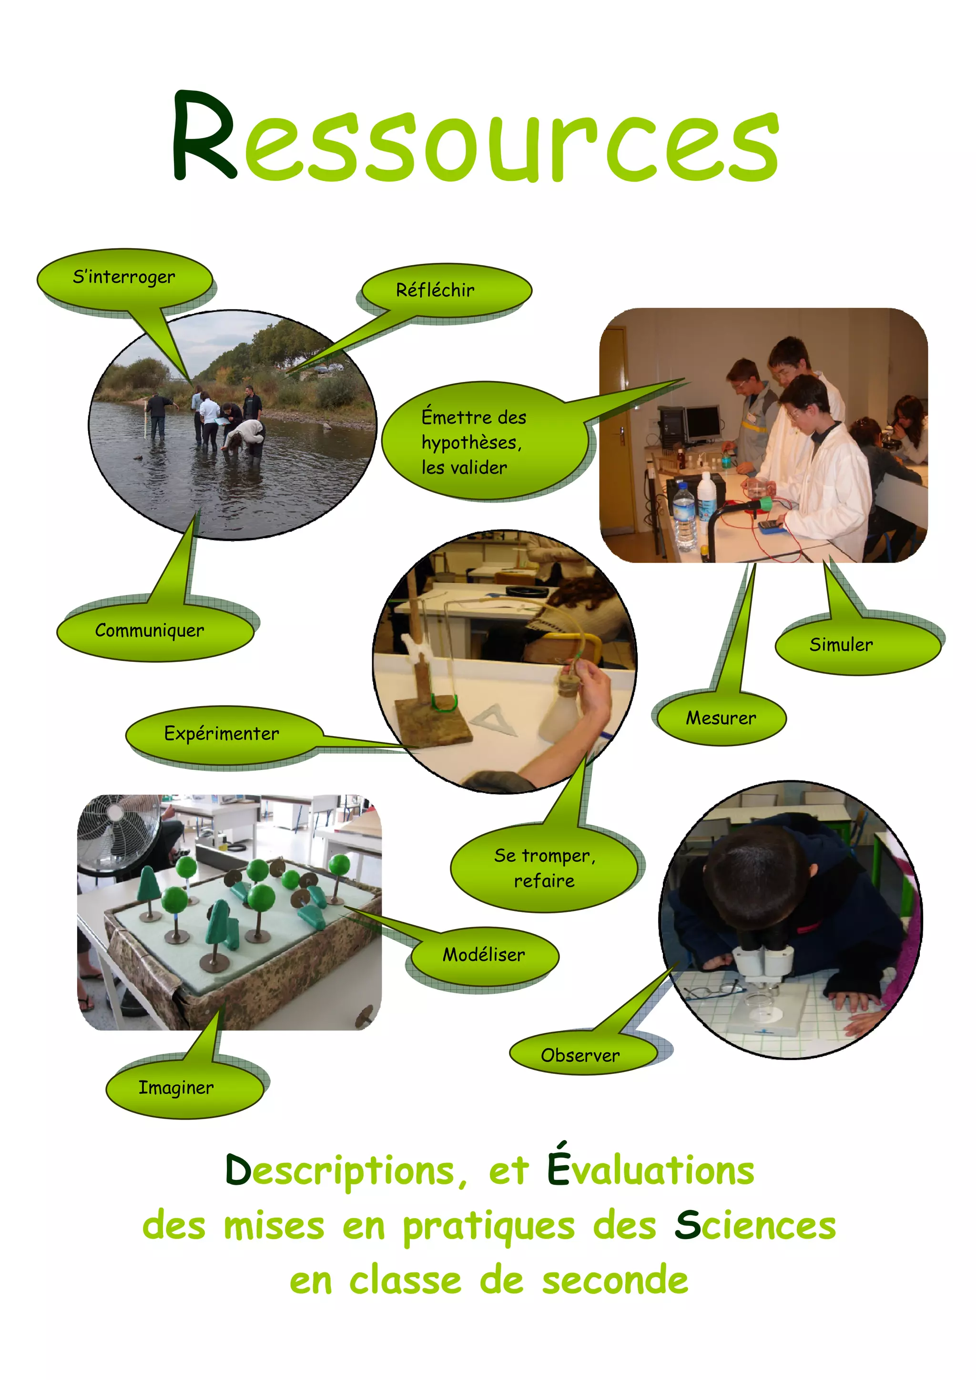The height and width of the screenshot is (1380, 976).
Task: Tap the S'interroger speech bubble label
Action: pos(124,277)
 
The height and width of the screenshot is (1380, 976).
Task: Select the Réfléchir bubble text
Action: pos(435,290)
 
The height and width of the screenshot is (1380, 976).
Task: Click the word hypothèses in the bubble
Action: pos(471,443)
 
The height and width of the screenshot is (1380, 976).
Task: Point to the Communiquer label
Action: pos(150,630)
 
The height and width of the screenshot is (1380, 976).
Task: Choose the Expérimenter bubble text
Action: pos(221,733)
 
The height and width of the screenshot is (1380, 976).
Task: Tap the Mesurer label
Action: pos(721,718)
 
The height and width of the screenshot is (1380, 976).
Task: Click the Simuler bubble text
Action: pos(841,644)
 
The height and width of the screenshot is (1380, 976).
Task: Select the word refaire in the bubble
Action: pos(544,881)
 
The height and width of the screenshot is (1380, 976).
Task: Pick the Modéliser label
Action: pos(484,954)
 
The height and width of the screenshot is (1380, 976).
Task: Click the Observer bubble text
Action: pos(579,1055)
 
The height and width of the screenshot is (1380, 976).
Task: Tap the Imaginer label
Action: pos(175,1087)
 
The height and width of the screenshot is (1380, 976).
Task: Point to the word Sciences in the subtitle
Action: pos(755,1226)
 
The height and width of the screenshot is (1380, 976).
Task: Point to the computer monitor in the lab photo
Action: pos(702,421)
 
